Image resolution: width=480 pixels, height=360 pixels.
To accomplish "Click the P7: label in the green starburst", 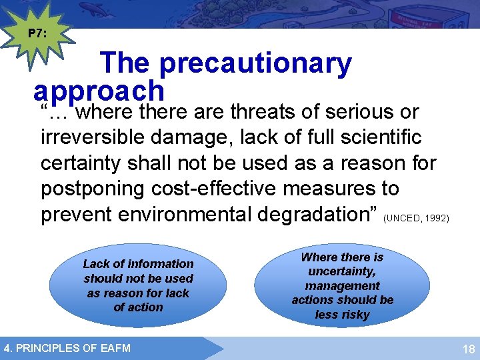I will coord(37,33).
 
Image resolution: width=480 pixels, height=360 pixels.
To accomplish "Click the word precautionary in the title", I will coord(255,63).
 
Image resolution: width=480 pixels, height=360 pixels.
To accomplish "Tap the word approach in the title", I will coord(99,90).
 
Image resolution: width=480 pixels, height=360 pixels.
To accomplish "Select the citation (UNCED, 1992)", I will coord(417,218).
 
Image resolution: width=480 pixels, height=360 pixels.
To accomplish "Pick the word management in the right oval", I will coord(343,285).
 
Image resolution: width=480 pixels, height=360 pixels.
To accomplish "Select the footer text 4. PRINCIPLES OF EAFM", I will coord(67,347).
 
